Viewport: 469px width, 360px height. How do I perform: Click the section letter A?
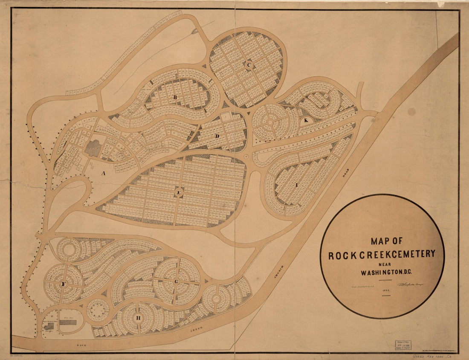click(102, 173)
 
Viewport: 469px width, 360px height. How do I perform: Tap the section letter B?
click(175, 98)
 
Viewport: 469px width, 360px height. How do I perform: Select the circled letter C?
click(249, 65)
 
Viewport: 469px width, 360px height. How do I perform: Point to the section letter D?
click(217, 136)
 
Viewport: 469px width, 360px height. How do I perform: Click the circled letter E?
click(179, 193)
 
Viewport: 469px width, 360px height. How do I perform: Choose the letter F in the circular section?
click(64, 284)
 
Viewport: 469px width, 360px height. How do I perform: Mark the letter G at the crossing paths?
click(176, 282)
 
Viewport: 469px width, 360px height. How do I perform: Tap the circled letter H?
click(138, 318)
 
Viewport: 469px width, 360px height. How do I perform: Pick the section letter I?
click(296, 185)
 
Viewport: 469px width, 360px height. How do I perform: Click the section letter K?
click(306, 120)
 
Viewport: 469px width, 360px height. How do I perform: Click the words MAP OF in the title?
click(386, 241)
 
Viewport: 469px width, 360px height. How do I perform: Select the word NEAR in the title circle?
click(382, 264)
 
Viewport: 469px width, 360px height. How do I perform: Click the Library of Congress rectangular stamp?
click(402, 345)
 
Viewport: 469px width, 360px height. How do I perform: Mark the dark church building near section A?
click(93, 148)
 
